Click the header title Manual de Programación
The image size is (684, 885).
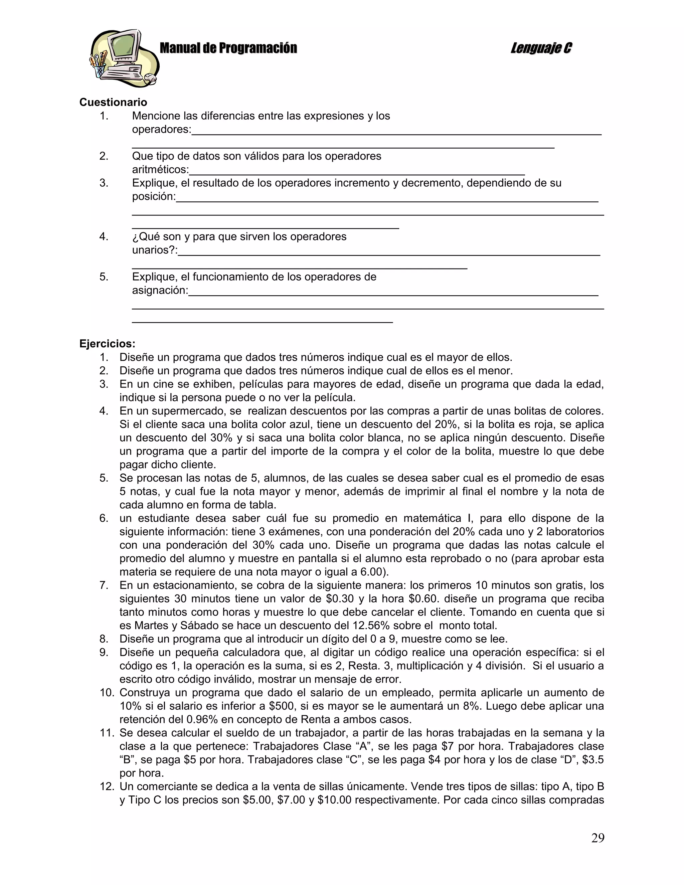(228, 48)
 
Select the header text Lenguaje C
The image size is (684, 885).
(541, 48)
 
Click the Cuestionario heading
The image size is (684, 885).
(113, 102)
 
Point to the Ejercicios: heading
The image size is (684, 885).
(108, 344)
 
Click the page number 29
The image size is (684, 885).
(597, 838)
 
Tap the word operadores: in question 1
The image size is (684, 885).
(161, 130)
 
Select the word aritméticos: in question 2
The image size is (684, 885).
(160, 169)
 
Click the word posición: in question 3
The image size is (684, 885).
(154, 196)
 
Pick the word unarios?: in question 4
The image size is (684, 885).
(155, 250)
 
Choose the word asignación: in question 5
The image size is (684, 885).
(160, 291)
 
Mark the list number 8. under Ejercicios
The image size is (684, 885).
(104, 639)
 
